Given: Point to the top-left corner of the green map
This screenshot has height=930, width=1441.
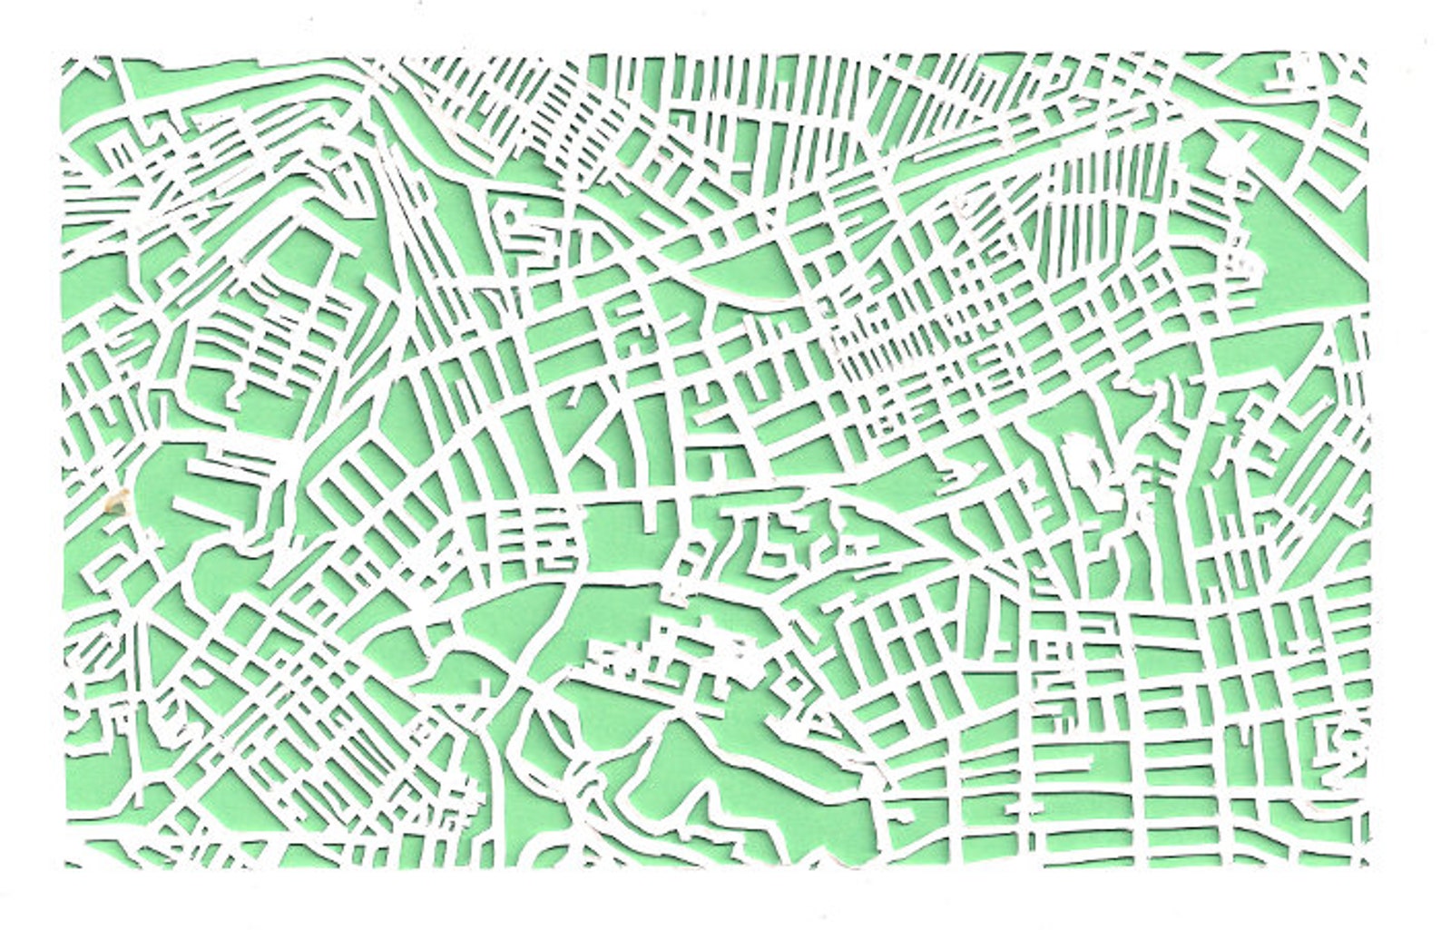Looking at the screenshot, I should coord(64,56).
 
